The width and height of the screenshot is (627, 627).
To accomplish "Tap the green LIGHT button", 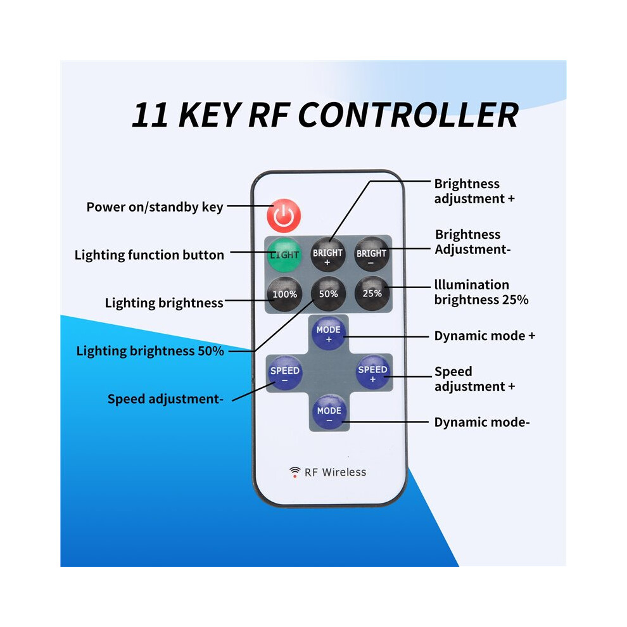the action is [284, 255].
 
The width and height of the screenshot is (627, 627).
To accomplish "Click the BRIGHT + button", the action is [328, 255].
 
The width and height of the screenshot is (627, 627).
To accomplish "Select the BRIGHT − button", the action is [372, 255].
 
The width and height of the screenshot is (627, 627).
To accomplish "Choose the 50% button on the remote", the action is [328, 294].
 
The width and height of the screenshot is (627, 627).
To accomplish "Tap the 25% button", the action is [372, 293].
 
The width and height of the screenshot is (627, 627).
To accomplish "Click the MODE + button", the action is [328, 334].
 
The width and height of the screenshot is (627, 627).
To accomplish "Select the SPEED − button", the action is [285, 373].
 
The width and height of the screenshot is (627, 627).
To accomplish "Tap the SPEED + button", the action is [372, 372].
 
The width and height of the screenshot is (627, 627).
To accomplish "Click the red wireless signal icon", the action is [294, 472].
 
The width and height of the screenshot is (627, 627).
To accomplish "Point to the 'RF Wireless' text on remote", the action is [335, 472].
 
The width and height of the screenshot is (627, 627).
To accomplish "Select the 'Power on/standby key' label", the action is [155, 207].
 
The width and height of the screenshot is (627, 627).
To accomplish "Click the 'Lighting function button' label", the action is [149, 255].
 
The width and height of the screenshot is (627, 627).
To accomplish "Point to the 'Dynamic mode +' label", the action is [484, 336].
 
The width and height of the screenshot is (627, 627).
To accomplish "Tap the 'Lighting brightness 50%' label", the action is [150, 351].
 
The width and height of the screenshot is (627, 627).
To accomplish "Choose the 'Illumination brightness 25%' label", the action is [481, 293].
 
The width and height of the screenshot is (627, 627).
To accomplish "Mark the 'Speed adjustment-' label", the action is [165, 399].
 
